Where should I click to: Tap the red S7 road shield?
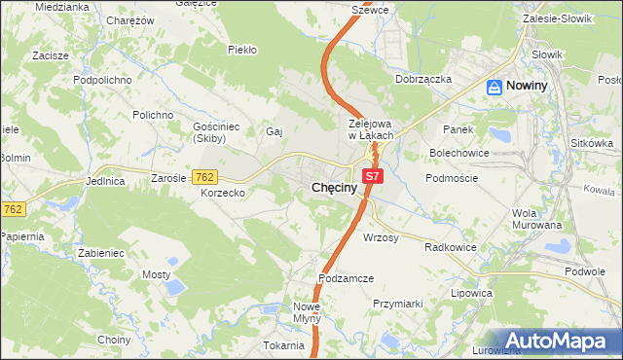(x=375, y=176)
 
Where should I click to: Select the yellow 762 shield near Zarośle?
(x=204, y=177)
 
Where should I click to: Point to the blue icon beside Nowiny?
(x=495, y=87)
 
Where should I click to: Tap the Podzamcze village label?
(x=347, y=278)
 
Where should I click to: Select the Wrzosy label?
(x=382, y=237)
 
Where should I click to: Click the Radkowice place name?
(x=451, y=247)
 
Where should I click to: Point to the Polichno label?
(x=154, y=115)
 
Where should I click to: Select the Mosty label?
(x=156, y=275)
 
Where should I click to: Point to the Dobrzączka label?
(x=423, y=79)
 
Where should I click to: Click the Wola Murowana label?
(x=537, y=219)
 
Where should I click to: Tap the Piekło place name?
(x=241, y=49)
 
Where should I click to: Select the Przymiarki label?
(x=398, y=304)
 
